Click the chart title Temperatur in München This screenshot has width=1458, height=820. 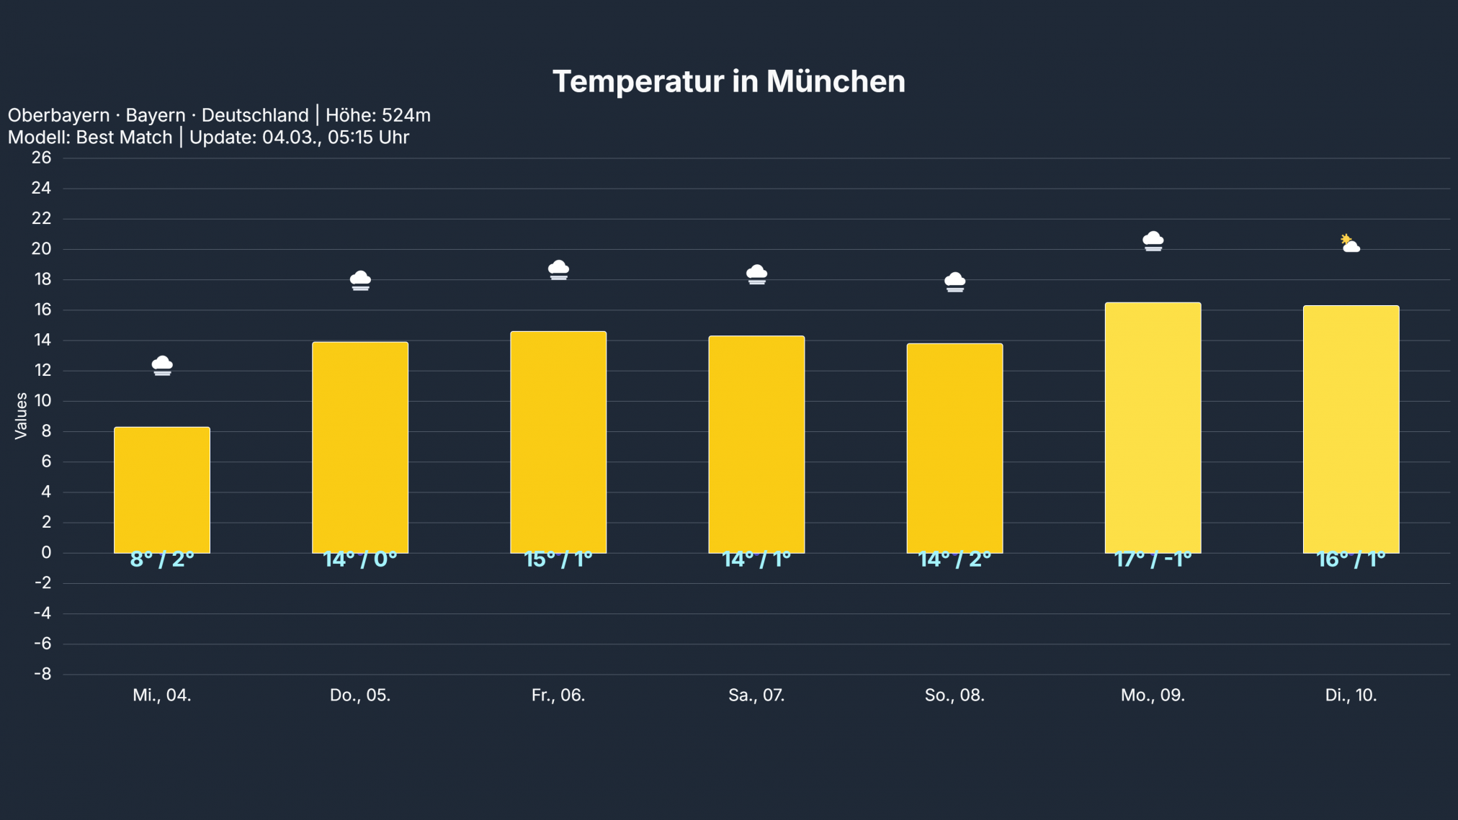[x=728, y=81]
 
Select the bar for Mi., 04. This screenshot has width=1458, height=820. [x=162, y=490]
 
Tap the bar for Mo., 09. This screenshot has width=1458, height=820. [x=1153, y=428]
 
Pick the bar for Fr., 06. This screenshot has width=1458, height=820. [x=558, y=442]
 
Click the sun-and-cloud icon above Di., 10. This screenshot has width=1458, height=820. [x=1350, y=243]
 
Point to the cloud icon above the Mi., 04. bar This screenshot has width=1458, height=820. [x=162, y=365]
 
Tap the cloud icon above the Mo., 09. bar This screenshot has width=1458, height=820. [x=1153, y=240]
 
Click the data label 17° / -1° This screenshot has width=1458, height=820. [x=1153, y=559]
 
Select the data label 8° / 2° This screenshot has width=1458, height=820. [x=162, y=559]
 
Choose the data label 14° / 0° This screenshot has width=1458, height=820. [x=360, y=559]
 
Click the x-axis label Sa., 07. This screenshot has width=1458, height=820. [x=756, y=695]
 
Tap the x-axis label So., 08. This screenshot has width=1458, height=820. [x=954, y=695]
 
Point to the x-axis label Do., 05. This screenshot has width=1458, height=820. [x=360, y=695]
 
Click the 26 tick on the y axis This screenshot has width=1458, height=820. [x=42, y=158]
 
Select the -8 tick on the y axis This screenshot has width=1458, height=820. [x=43, y=674]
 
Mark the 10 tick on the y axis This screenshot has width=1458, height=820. [x=43, y=400]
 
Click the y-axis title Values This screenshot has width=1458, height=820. [x=21, y=415]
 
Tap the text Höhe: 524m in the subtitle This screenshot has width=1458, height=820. [x=377, y=115]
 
